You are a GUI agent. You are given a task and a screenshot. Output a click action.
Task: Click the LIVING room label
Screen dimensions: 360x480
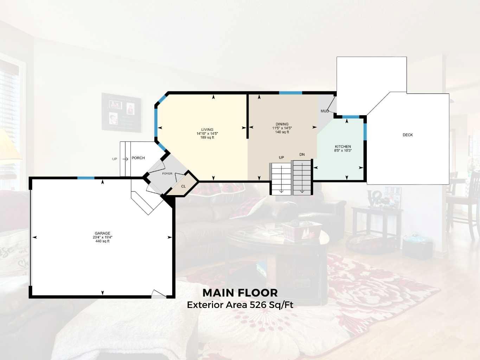[x=207, y=130]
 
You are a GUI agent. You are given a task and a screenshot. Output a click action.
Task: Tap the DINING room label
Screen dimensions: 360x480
[x=282, y=124]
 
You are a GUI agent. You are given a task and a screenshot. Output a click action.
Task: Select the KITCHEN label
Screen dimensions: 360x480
[x=343, y=147]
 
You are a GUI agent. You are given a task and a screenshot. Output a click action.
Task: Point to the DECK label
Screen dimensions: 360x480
[x=408, y=135]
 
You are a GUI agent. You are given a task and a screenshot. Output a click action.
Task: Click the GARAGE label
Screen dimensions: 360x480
[x=102, y=233]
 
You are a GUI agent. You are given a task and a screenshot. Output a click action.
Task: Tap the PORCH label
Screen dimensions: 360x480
[x=138, y=158]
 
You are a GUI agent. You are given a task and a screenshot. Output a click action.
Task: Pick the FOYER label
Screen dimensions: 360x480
[x=167, y=174]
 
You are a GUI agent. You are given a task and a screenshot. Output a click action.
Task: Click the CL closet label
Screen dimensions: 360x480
[x=183, y=186]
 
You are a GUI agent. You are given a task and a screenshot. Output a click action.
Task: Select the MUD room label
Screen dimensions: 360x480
[x=325, y=111]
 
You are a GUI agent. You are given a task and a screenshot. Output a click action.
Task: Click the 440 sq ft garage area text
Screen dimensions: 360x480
[x=102, y=241]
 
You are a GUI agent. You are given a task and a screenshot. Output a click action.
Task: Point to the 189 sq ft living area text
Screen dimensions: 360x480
[x=207, y=137]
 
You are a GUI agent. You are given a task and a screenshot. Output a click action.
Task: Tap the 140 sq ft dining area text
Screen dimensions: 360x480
[x=282, y=132]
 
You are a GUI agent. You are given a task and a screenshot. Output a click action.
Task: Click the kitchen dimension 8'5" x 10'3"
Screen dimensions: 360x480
[x=343, y=150]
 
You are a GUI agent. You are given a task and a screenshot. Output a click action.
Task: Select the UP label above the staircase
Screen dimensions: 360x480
[x=281, y=157]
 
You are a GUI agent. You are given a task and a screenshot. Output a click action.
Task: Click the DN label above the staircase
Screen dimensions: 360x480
[x=302, y=155]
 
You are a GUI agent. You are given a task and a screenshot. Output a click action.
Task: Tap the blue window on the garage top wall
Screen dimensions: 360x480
[x=86, y=178]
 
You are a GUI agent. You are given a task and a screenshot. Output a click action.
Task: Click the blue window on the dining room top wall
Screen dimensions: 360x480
[x=290, y=93]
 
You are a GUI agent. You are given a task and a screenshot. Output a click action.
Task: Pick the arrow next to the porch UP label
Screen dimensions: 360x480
[x=125, y=159]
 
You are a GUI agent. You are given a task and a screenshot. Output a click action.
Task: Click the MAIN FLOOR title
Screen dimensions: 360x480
[x=240, y=293]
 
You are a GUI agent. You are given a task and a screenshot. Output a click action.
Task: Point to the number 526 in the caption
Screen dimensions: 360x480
[x=258, y=305]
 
